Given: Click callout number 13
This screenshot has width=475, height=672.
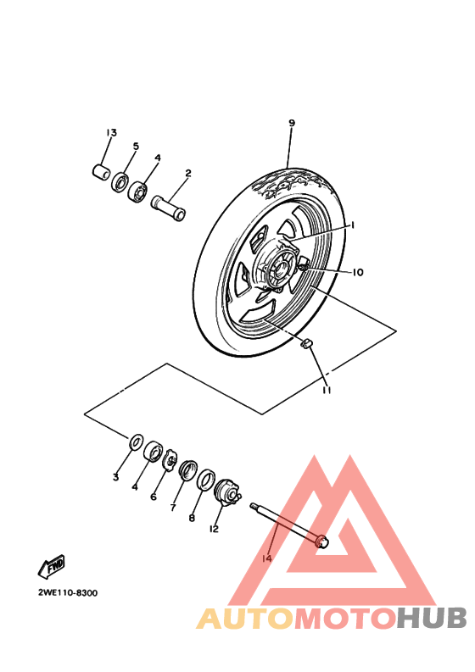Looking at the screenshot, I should (x=111, y=133).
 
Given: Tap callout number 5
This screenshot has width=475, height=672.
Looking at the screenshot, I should (x=135, y=146).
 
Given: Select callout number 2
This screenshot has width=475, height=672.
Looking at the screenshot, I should (x=187, y=174).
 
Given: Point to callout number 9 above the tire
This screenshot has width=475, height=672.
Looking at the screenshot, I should (x=291, y=124).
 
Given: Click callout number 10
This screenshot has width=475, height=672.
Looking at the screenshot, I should (x=358, y=272).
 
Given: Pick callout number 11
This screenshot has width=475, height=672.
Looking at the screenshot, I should (x=325, y=390).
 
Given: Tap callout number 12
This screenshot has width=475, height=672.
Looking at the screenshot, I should (x=214, y=529).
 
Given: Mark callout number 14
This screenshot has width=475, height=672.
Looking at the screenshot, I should (x=267, y=559).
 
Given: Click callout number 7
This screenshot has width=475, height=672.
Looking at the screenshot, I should (x=173, y=508).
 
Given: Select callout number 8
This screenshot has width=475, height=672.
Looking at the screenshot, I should (x=192, y=518).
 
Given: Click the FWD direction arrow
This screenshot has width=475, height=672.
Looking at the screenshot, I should (x=51, y=565).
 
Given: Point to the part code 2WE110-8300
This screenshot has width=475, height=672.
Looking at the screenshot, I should (x=67, y=592).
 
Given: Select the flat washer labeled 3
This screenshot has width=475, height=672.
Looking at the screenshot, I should (x=135, y=442).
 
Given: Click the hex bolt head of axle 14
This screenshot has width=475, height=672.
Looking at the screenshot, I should (x=320, y=541).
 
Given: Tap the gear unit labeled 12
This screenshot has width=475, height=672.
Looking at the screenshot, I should (x=226, y=491).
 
